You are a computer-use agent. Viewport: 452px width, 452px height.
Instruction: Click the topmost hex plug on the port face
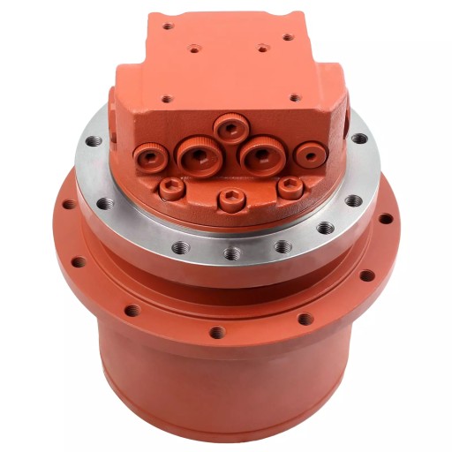230,130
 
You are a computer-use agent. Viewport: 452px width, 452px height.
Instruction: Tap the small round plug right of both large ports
308,156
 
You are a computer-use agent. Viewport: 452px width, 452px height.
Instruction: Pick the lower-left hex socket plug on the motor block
171,187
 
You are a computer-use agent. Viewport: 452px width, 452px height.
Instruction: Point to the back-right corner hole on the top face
285,38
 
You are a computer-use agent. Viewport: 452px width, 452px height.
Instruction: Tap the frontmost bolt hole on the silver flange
231,253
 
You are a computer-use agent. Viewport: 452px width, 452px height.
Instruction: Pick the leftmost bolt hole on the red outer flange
67,205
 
